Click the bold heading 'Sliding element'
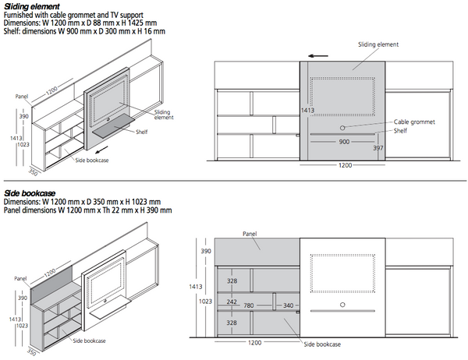32,6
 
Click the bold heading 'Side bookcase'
30,193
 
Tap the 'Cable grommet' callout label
414,122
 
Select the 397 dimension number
378,148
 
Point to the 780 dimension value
248,305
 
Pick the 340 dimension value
288,305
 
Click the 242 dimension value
232,302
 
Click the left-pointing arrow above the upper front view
318,56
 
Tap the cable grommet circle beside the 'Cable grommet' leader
342,128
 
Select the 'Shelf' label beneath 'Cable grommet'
400,131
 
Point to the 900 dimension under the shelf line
344,142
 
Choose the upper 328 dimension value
232,281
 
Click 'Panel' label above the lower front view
250,234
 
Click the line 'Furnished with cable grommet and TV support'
73,15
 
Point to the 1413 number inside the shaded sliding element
307,111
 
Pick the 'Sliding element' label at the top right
378,44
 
